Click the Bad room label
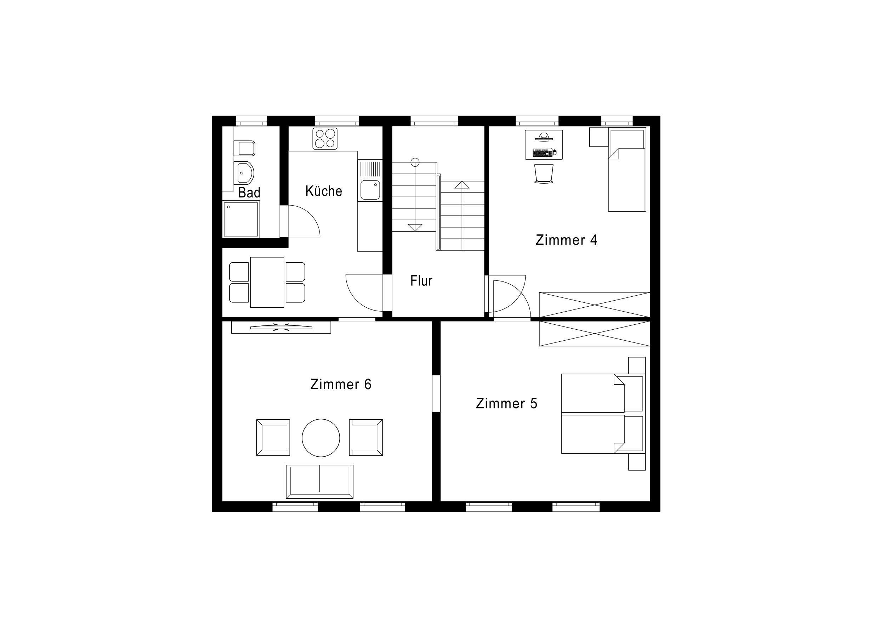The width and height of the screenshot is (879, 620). pyautogui.click(x=249, y=192)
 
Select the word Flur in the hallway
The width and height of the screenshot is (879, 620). pyautogui.click(x=421, y=281)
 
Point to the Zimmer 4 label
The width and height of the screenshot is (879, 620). pyautogui.click(x=566, y=240)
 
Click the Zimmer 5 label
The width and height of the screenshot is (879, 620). pyautogui.click(x=506, y=403)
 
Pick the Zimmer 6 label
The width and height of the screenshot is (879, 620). pyautogui.click(x=341, y=384)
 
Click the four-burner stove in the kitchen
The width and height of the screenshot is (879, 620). pyautogui.click(x=325, y=138)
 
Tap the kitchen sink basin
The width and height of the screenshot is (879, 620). pyautogui.click(x=370, y=190)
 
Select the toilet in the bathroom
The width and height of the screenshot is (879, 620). pyautogui.click(x=245, y=148)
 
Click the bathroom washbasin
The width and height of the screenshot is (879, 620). pyautogui.click(x=245, y=173)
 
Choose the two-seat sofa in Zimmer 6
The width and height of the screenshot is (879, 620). pyautogui.click(x=320, y=482)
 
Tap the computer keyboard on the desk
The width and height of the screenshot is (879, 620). pyautogui.click(x=543, y=153)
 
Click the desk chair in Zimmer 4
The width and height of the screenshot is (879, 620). pyautogui.click(x=544, y=174)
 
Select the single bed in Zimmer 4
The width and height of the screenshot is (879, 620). pyautogui.click(x=627, y=169)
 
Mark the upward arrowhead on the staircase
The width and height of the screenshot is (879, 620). pyautogui.click(x=462, y=185)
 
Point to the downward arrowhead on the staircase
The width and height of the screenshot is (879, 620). pyautogui.click(x=415, y=228)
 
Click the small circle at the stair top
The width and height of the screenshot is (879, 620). pyautogui.click(x=415, y=162)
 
